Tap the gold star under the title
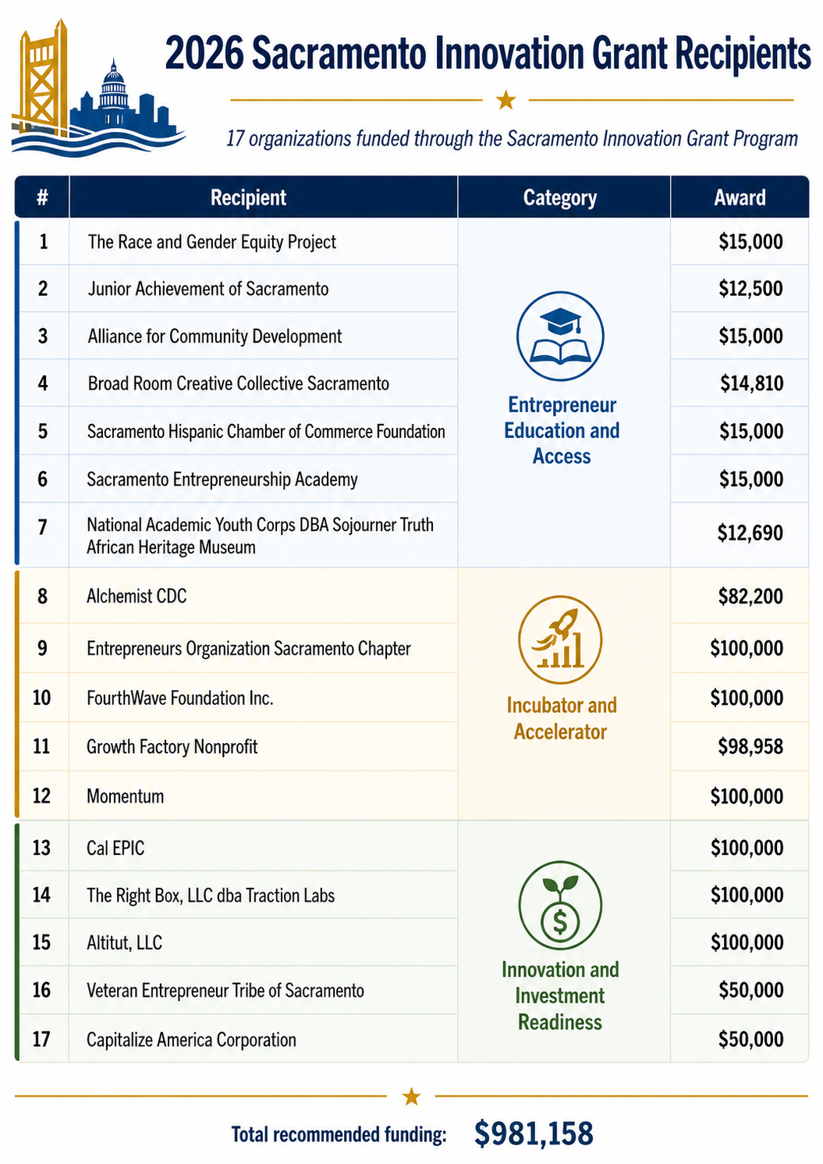(x=506, y=99)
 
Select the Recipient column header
(x=248, y=198)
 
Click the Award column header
(x=740, y=198)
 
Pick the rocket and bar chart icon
(x=560, y=639)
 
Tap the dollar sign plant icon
(x=560, y=906)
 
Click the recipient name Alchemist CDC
(x=137, y=596)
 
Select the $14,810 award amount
(x=751, y=383)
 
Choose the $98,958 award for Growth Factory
(x=750, y=747)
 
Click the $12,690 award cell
(x=750, y=532)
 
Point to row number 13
(x=41, y=848)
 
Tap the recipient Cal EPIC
(x=115, y=848)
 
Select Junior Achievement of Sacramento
(x=208, y=289)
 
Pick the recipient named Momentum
(x=125, y=796)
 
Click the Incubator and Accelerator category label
(x=561, y=719)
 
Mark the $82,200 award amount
(x=750, y=596)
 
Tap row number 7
(x=43, y=528)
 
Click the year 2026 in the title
(x=204, y=53)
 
